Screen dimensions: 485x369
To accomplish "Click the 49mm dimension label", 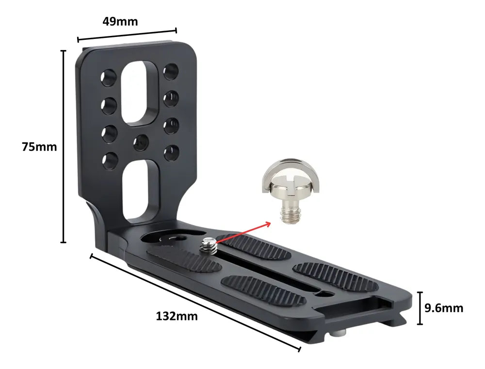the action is (120, 21).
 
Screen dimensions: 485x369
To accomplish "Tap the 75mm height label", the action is (39, 147).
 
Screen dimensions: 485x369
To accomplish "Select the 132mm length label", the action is (177, 316).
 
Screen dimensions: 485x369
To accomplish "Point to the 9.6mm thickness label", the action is (444, 308).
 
